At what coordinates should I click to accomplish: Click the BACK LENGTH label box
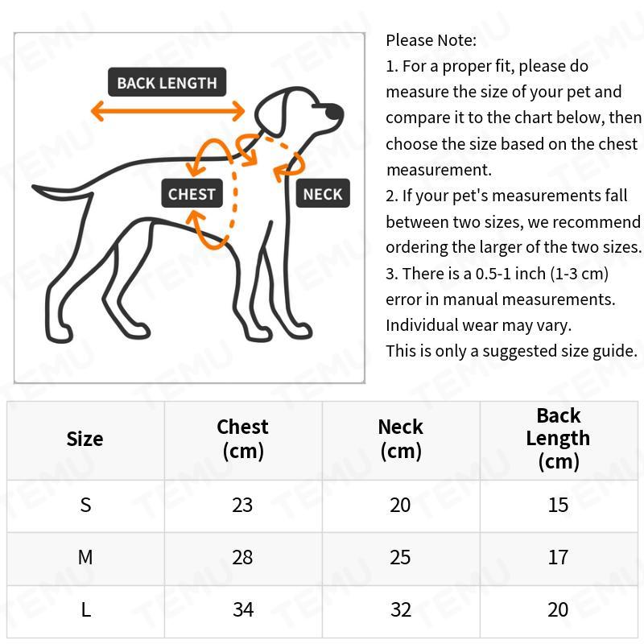(x=167, y=82)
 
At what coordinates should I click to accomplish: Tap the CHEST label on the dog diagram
(x=192, y=193)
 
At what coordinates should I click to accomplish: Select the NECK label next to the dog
(x=323, y=193)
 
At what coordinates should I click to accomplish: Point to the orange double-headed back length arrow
(x=167, y=111)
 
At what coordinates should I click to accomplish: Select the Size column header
(x=85, y=439)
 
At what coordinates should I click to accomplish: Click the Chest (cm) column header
(x=242, y=439)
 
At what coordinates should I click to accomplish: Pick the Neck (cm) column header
(x=400, y=439)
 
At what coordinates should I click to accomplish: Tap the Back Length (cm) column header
(x=558, y=439)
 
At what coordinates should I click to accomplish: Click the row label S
(x=85, y=505)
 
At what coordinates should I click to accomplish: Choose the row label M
(x=85, y=557)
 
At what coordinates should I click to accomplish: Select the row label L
(x=85, y=609)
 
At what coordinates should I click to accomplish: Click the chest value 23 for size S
(x=242, y=505)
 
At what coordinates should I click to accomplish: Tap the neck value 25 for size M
(x=400, y=557)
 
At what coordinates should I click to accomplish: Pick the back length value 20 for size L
(x=558, y=609)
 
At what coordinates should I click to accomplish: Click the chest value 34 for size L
(x=242, y=609)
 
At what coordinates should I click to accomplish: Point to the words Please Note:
(x=431, y=40)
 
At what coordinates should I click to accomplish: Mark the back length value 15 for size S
(x=558, y=505)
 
